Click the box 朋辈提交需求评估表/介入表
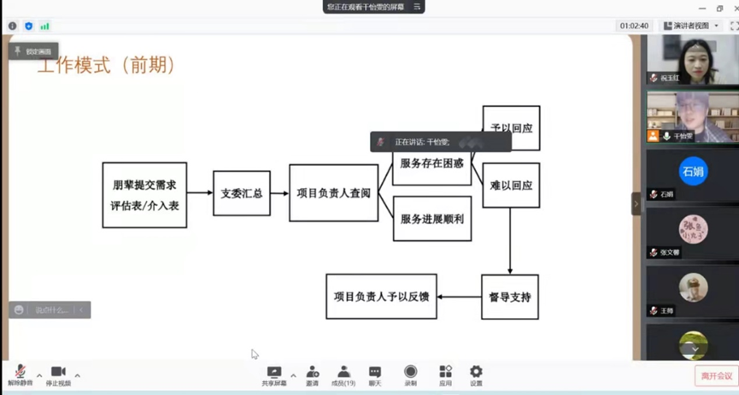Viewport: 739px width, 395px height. [x=144, y=195]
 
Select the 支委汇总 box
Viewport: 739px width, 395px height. [x=242, y=193]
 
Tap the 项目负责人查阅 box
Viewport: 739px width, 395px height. [x=333, y=193]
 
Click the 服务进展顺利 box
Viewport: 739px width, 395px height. [x=431, y=219]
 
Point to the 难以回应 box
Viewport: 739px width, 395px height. [x=511, y=185]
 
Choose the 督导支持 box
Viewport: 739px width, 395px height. [x=510, y=298]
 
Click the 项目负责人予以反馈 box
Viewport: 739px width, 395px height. [x=382, y=297]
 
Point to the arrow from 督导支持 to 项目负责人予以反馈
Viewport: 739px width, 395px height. [x=460, y=298]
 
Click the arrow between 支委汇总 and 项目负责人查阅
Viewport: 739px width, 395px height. [x=280, y=193]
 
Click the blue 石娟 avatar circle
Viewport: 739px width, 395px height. [x=693, y=171]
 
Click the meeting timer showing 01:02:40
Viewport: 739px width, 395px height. [x=634, y=27]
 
